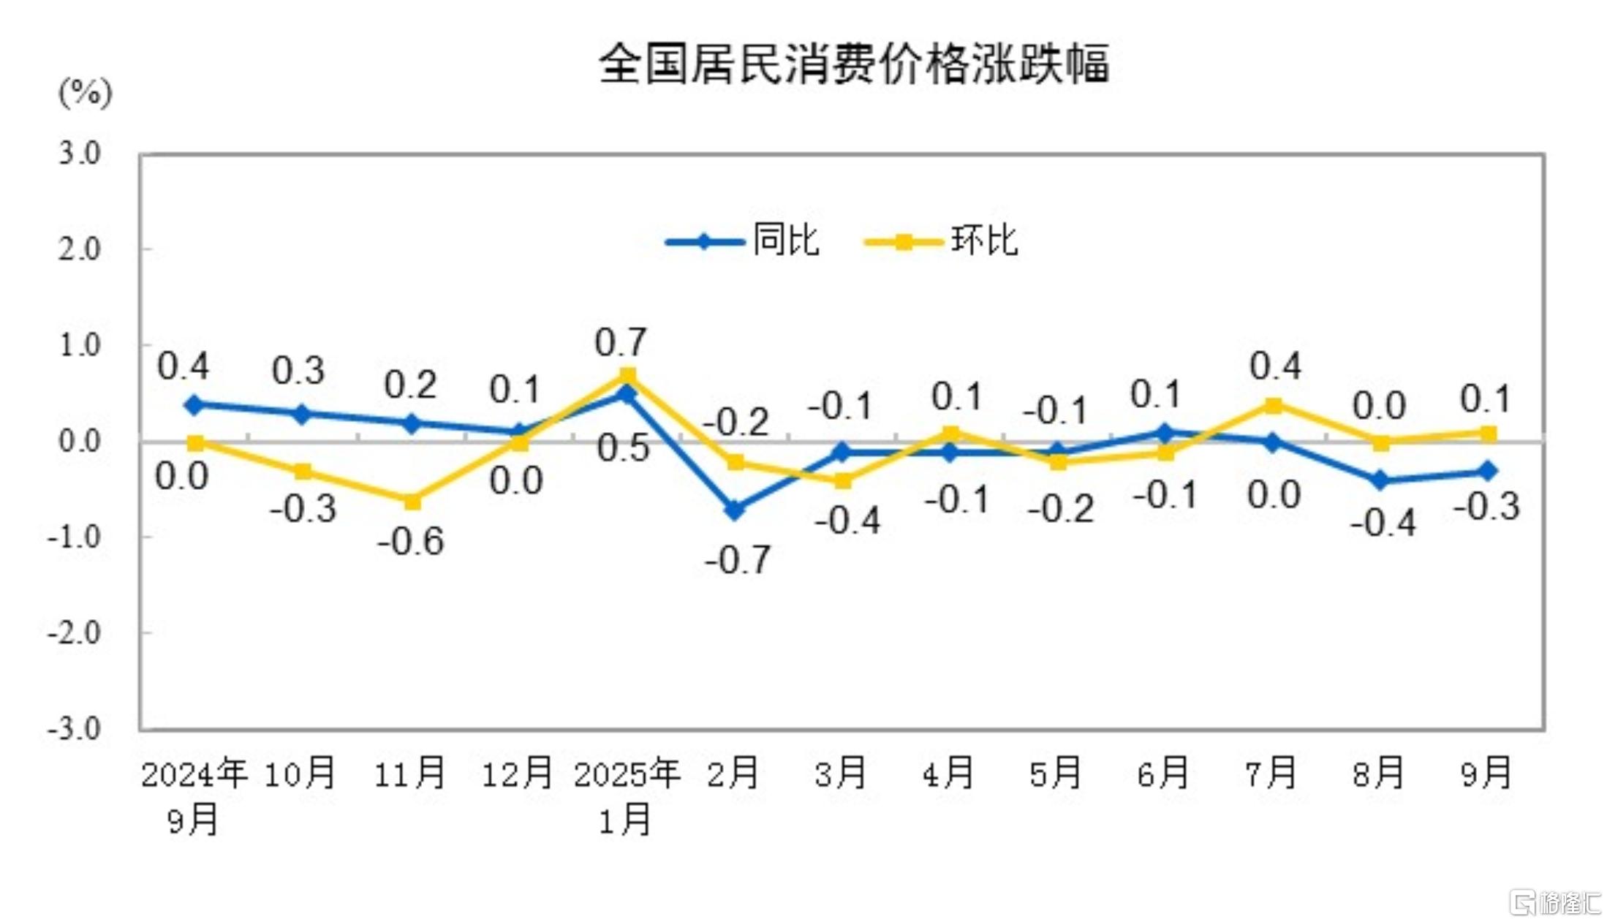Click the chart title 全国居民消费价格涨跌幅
853,64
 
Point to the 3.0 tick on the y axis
80,154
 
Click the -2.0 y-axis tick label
74,632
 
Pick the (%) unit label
86,93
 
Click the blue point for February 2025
735,510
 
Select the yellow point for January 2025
627,376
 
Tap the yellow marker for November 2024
412,502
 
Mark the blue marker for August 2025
1380,480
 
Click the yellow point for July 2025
1273,405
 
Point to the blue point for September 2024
194,404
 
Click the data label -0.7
737,561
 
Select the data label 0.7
621,342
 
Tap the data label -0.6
411,542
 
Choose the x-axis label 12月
518,774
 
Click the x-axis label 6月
1162,774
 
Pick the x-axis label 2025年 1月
627,796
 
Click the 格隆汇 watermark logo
1555,902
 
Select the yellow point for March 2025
843,480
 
